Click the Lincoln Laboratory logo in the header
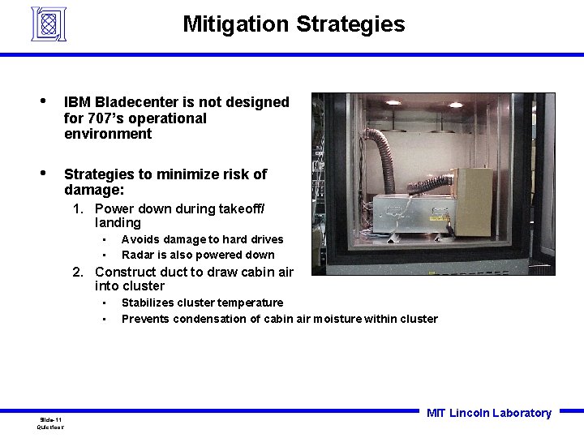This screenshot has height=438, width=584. click(48, 24)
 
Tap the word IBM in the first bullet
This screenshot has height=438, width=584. click(77, 102)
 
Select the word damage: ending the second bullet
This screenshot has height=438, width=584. click(94, 190)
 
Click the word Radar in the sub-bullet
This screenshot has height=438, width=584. click(138, 255)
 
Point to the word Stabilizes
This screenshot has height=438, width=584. click(149, 303)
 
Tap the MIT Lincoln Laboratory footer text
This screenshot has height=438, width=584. click(488, 413)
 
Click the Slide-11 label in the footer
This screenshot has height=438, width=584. click(50, 419)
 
